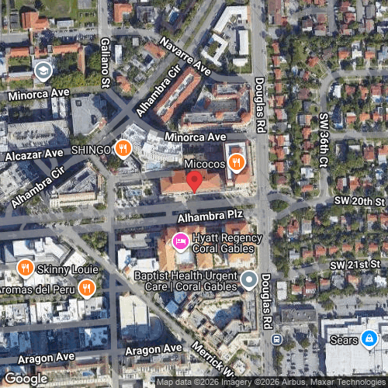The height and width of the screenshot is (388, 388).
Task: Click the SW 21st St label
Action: point(355,265)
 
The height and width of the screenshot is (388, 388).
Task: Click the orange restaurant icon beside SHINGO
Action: point(123,148)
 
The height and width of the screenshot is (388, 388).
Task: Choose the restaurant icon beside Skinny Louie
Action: point(25,268)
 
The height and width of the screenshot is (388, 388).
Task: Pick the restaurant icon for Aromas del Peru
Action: point(86,289)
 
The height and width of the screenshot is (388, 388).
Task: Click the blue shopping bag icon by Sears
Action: point(369,339)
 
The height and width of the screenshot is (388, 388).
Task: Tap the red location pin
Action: point(195,181)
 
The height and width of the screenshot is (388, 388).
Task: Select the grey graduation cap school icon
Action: point(43,71)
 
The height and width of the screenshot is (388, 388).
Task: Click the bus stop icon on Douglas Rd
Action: point(276,340)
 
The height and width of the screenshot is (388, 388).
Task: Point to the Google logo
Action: point(26,378)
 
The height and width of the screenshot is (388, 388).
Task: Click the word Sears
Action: point(342,339)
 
